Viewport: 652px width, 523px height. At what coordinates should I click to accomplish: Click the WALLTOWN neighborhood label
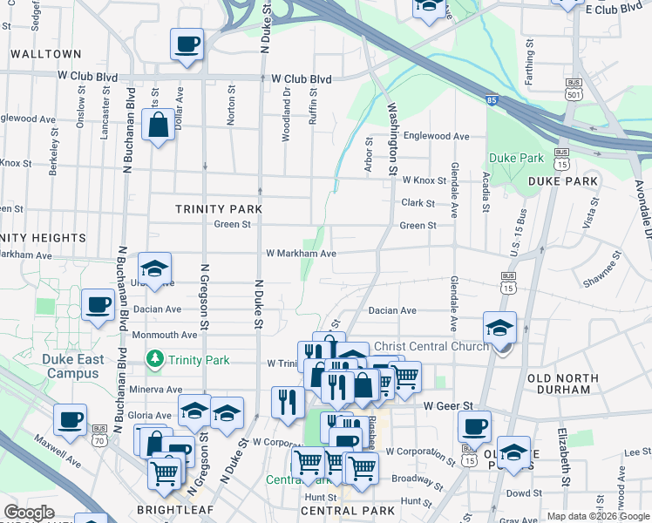[x=45, y=54]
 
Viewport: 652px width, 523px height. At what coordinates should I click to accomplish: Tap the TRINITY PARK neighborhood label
[x=213, y=209]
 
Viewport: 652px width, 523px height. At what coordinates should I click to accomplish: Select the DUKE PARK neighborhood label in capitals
[x=562, y=181]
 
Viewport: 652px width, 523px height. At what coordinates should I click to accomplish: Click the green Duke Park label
[x=516, y=158]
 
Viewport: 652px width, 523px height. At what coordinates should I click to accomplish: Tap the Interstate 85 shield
[x=492, y=101]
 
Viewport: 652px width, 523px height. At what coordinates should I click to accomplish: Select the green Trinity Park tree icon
[x=154, y=358]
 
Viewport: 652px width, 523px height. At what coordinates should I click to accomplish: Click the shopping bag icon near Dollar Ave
[x=160, y=126]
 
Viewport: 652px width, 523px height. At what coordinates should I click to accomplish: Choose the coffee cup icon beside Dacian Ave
[x=98, y=305]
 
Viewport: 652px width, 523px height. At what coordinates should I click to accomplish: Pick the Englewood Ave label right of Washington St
[x=442, y=137]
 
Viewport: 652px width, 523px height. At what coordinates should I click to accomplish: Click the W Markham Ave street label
[x=301, y=254]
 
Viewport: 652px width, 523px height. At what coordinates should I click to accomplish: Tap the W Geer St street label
[x=447, y=405]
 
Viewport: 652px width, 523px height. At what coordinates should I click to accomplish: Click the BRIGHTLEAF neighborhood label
[x=169, y=510]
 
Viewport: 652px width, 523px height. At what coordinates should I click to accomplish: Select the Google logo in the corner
[x=29, y=513]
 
